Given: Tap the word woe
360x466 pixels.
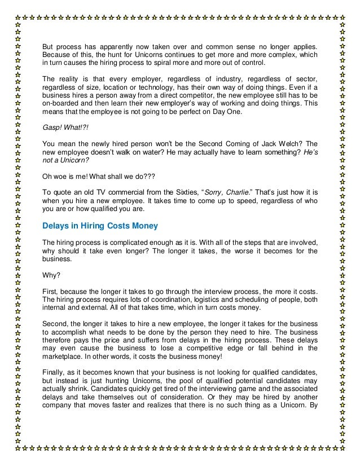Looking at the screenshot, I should (x=59, y=175).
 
